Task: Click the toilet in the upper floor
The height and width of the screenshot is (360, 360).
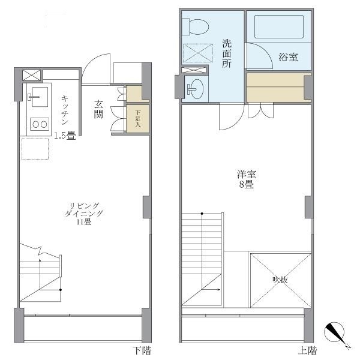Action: (196, 27)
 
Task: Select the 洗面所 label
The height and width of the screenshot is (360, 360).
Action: (227, 53)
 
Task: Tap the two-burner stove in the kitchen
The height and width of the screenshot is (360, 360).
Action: (38, 124)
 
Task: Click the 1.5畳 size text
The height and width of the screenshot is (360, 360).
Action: (64, 136)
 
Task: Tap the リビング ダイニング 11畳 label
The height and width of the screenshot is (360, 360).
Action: (85, 214)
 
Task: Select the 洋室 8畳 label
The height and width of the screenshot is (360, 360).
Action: (246, 179)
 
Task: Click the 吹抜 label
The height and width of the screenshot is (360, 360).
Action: (280, 279)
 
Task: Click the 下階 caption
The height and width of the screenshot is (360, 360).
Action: (142, 350)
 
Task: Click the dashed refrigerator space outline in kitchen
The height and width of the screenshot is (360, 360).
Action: (34, 148)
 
